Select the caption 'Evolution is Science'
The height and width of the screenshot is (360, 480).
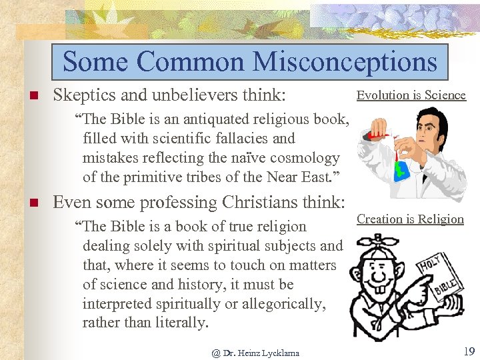click(x=411, y=95)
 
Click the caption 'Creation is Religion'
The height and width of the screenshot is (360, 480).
click(x=410, y=219)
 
